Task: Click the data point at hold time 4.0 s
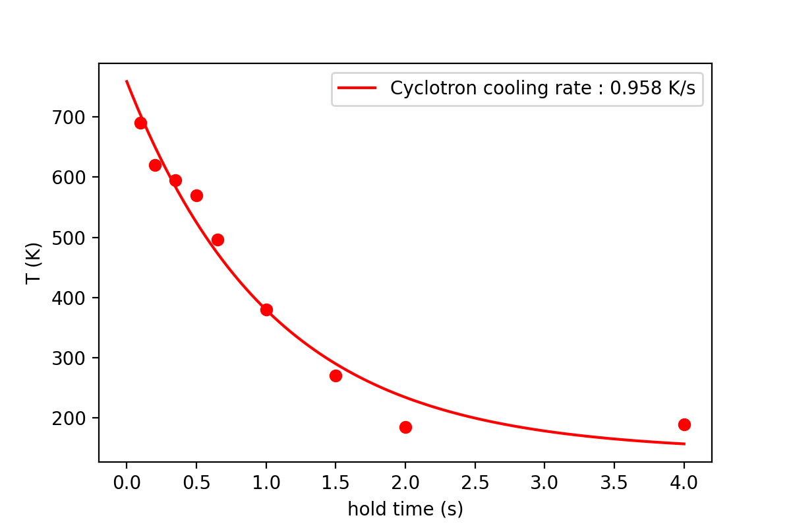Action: [684, 424]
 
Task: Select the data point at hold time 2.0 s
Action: [405, 427]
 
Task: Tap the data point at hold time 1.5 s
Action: [336, 376]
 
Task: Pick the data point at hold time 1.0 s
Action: [266, 310]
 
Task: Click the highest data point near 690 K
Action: [140, 123]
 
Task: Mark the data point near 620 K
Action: [155, 165]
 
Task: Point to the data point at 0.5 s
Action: [196, 195]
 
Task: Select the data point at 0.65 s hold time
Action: [218, 240]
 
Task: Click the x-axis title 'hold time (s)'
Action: [405, 510]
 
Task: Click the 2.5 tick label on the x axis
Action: [475, 482]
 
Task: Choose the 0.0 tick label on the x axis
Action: [127, 482]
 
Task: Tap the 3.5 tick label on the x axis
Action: [614, 482]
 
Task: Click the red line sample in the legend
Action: [357, 88]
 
